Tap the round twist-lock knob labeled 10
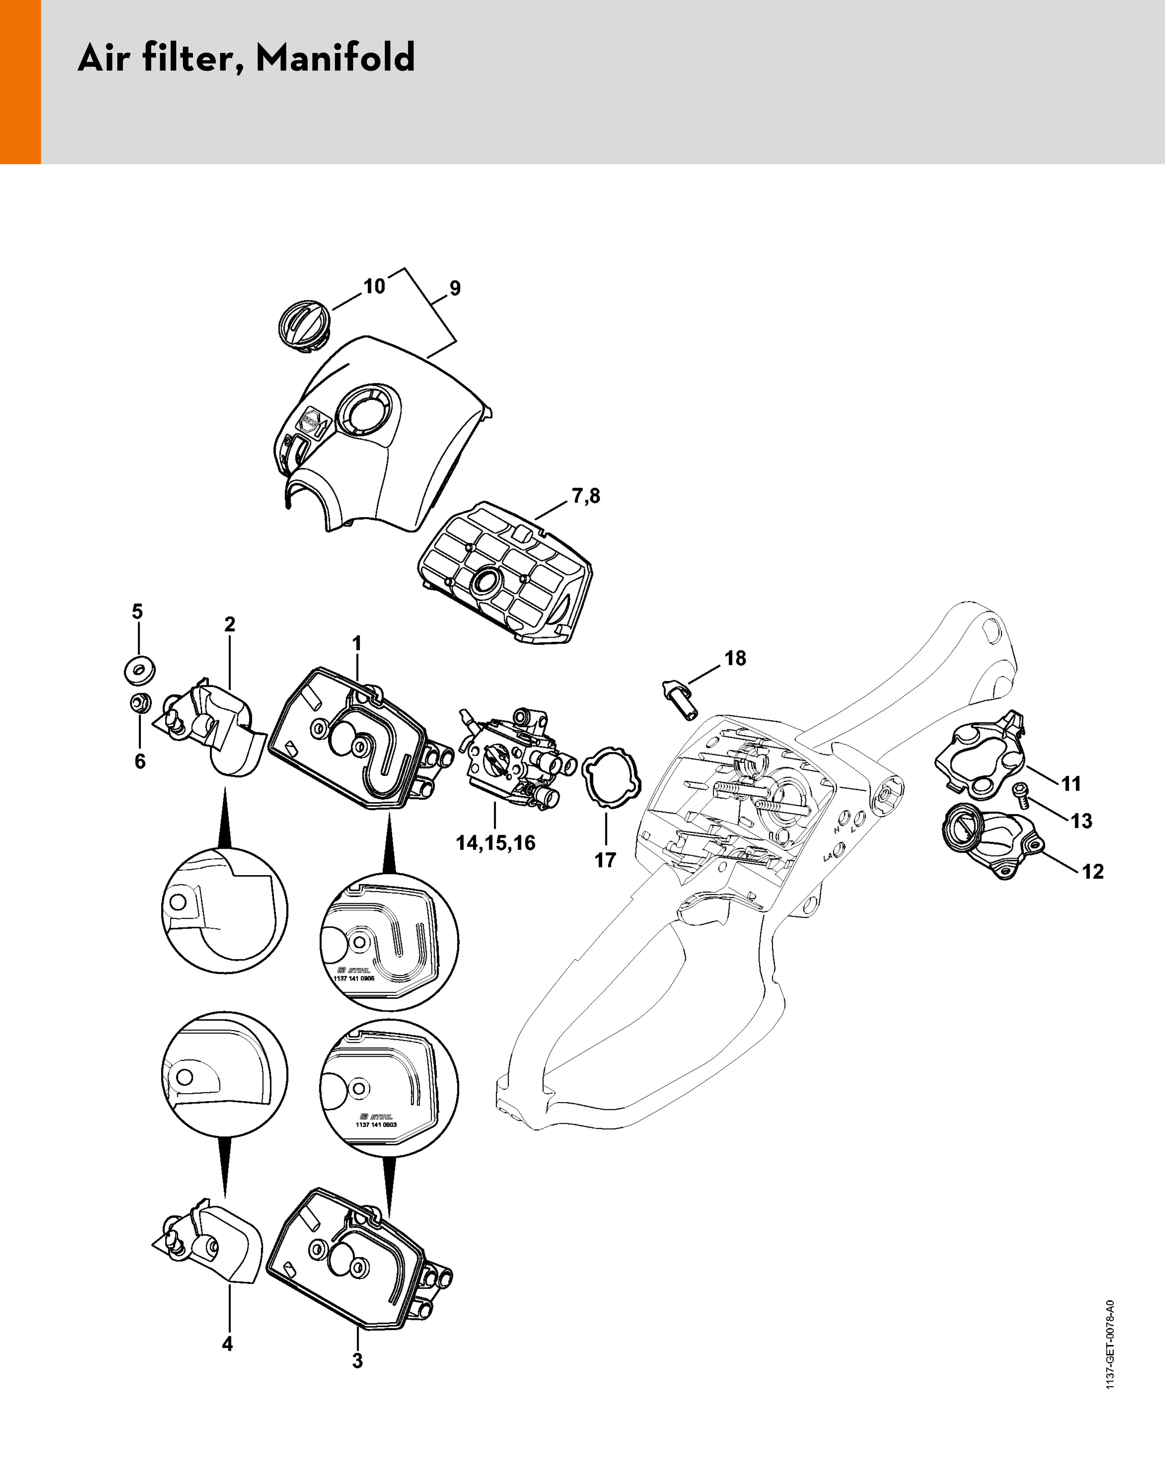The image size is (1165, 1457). pyautogui.click(x=304, y=322)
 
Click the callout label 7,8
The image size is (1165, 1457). pyautogui.click(x=586, y=496)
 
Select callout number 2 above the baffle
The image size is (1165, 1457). pyautogui.click(x=230, y=625)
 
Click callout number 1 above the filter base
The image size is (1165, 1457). pyautogui.click(x=357, y=643)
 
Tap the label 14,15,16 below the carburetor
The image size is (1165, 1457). pyautogui.click(x=495, y=843)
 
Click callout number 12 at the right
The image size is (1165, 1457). pyautogui.click(x=1093, y=872)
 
